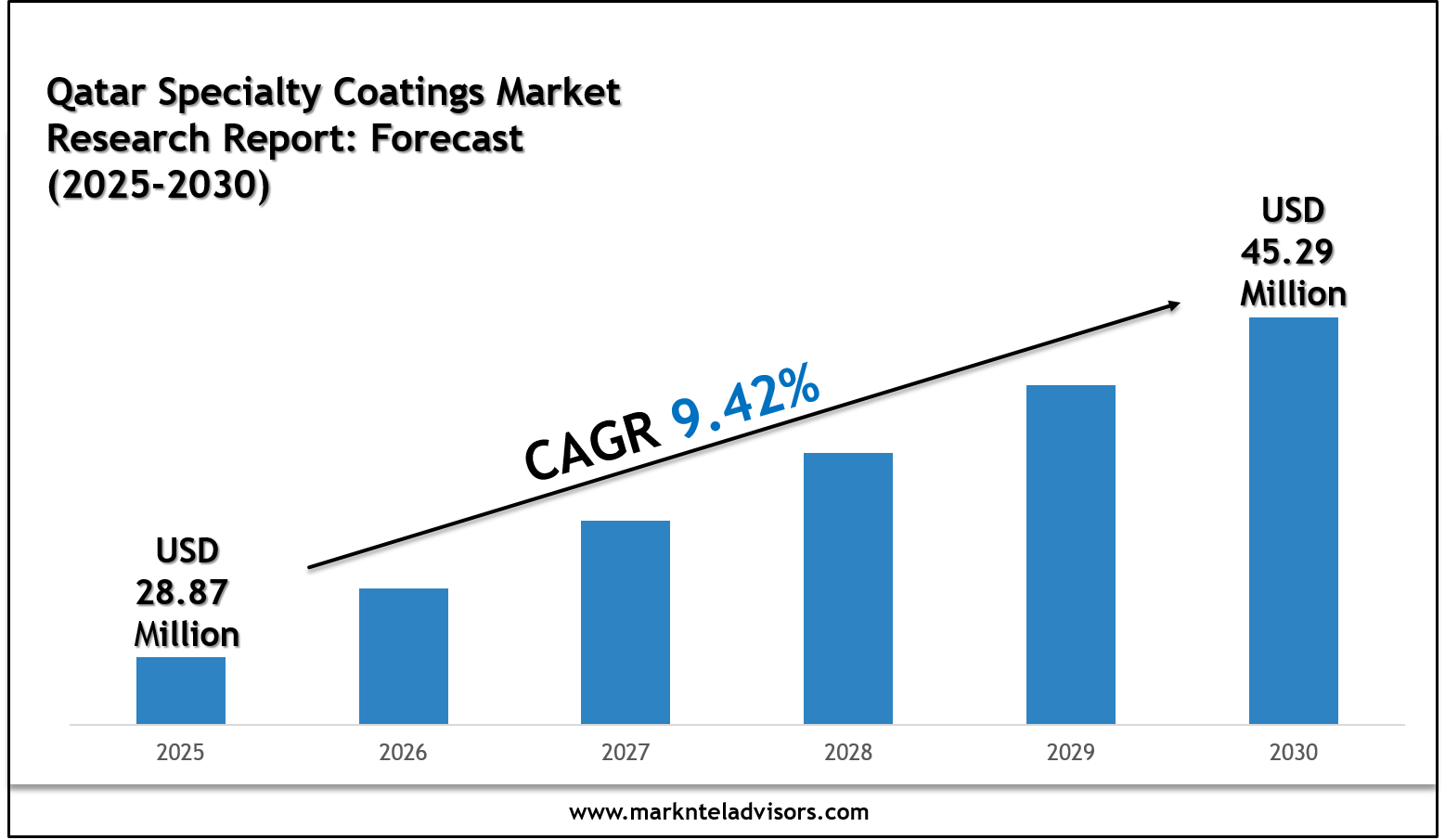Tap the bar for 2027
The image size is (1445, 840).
pos(626,622)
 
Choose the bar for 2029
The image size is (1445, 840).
pos(1071,554)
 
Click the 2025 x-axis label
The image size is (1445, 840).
pos(181,752)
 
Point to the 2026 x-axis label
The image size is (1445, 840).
pos(404,752)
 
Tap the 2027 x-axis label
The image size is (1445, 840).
pos(626,752)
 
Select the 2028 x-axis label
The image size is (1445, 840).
pos(848,752)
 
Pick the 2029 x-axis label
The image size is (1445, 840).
pos(1071,752)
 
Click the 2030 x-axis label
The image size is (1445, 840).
pos(1294,752)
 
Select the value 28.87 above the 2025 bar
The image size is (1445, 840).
pos(183,592)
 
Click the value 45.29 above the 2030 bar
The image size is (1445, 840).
pos(1288,252)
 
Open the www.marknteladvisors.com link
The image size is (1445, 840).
pos(719,812)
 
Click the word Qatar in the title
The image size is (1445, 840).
pos(97,93)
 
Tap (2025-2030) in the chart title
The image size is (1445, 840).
pos(159,186)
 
